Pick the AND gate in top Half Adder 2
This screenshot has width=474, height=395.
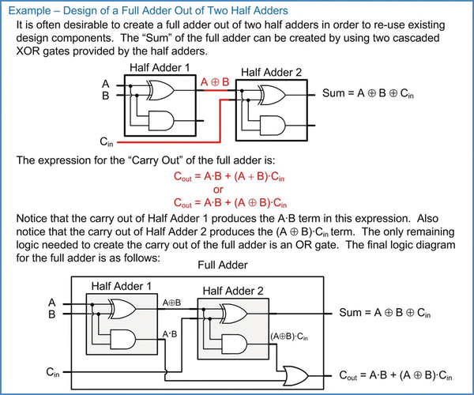point(271,125)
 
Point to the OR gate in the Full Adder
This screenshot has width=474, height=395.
point(299,374)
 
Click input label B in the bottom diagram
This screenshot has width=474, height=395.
point(52,315)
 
